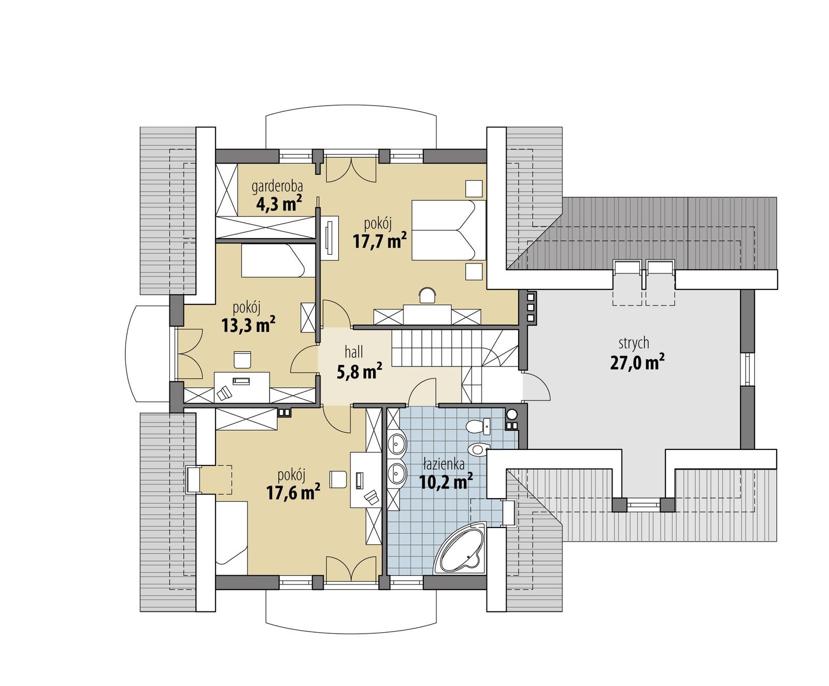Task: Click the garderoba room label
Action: pyautogui.click(x=277, y=186)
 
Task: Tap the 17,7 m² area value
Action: pyautogui.click(x=379, y=241)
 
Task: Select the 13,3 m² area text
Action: pyautogui.click(x=248, y=326)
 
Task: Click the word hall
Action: pyautogui.click(x=354, y=353)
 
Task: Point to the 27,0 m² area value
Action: pyautogui.click(x=637, y=362)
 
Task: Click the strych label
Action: pyautogui.click(x=633, y=343)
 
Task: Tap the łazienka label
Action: pyautogui.click(x=443, y=464)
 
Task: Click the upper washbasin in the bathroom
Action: pyautogui.click(x=397, y=444)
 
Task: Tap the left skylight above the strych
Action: pyautogui.click(x=627, y=269)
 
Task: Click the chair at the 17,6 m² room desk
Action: pyautogui.click(x=338, y=479)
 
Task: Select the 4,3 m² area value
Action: pyautogui.click(x=279, y=203)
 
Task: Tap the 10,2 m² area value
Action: pyautogui.click(x=446, y=483)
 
